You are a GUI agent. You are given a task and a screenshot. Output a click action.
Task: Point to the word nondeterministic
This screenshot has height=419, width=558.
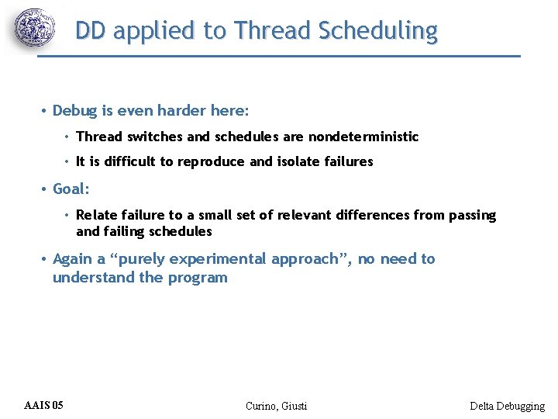(x=363, y=137)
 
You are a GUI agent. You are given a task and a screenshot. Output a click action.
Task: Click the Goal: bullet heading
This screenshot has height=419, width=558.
(x=71, y=189)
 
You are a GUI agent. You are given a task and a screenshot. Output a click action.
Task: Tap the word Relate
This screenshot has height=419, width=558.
(x=98, y=215)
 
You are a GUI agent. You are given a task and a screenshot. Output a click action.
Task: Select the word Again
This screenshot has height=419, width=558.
(x=74, y=259)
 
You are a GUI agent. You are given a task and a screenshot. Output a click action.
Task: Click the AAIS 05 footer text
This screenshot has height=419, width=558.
(x=44, y=405)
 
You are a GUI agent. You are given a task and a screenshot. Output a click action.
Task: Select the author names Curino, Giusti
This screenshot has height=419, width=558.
(x=276, y=406)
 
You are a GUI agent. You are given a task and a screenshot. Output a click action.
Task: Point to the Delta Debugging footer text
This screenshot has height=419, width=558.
(x=507, y=406)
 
